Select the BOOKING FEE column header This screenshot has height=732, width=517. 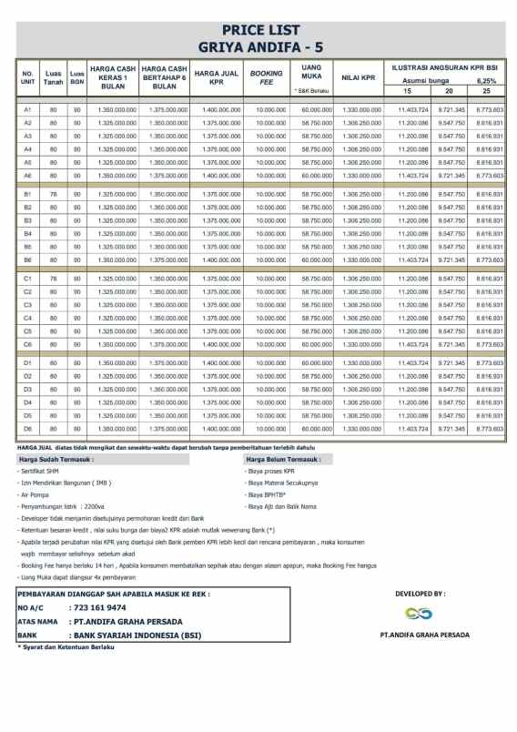267,77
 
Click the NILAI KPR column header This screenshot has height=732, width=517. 359,78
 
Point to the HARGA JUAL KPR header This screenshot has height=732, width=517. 217,77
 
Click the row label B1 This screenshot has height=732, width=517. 27,194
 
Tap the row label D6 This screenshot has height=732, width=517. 27,428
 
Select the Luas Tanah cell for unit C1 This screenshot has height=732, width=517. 53,278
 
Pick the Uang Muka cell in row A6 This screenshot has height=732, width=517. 317,175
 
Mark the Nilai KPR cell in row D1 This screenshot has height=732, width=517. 363,362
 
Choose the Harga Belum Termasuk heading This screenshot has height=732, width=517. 288,460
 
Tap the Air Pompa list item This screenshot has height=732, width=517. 35,494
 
